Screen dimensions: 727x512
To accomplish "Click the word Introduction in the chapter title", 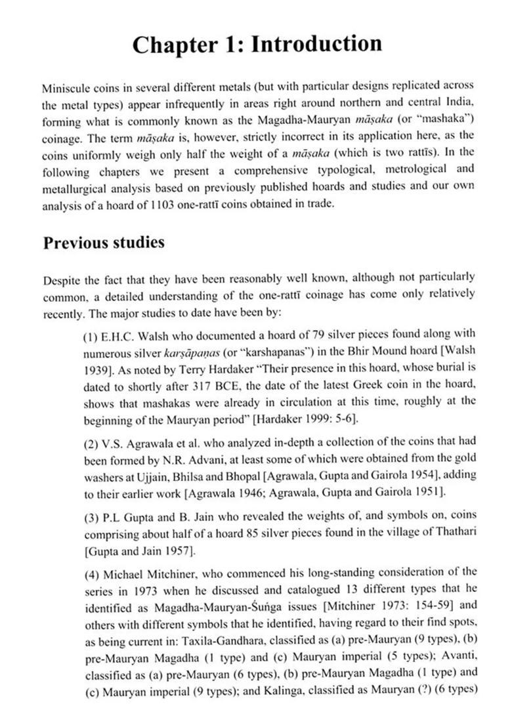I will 317,45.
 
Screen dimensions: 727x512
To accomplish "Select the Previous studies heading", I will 104,242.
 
